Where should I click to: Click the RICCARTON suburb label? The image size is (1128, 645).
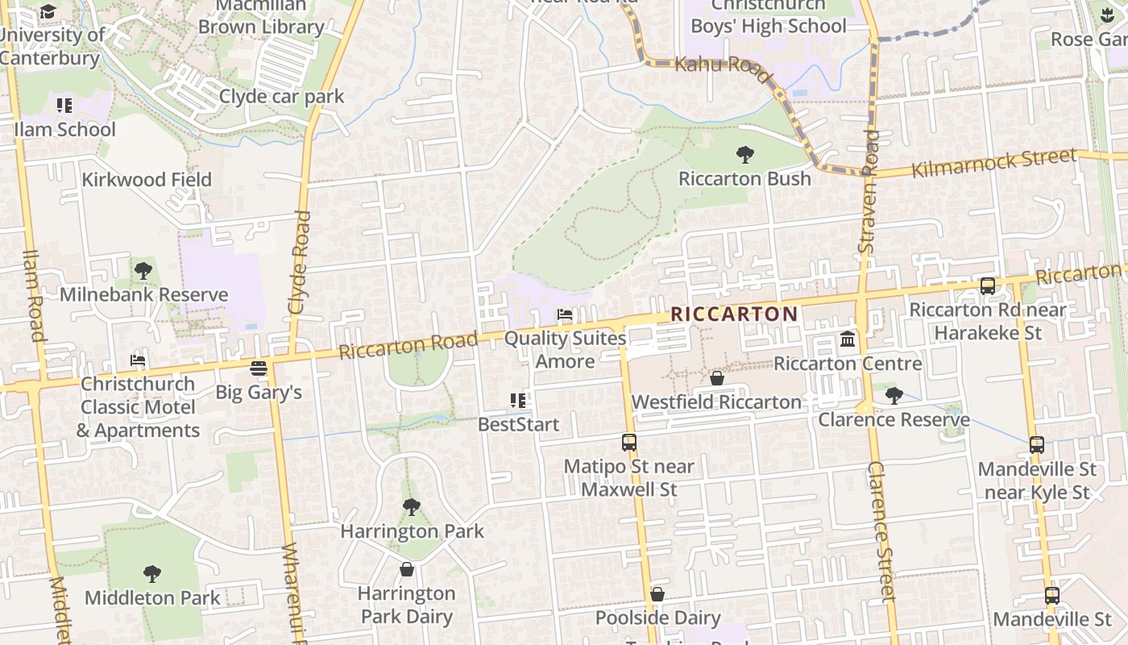pyautogui.click(x=734, y=314)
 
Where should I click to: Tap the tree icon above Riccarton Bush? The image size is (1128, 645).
pyautogui.click(x=745, y=154)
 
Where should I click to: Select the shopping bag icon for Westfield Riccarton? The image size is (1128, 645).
pyautogui.click(x=716, y=377)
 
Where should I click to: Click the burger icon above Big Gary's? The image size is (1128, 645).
pyautogui.click(x=259, y=368)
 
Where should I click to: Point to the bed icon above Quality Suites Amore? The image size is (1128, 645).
pyautogui.click(x=565, y=314)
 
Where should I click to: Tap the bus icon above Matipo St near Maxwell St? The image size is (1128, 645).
pyautogui.click(x=629, y=442)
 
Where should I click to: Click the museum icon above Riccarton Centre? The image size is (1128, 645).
pyautogui.click(x=848, y=339)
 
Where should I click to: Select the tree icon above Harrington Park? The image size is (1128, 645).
pyautogui.click(x=412, y=507)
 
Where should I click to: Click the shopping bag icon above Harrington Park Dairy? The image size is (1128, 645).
pyautogui.click(x=407, y=569)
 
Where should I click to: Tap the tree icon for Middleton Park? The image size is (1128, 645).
pyautogui.click(x=151, y=574)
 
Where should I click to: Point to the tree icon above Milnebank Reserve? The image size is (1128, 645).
pyautogui.click(x=143, y=271)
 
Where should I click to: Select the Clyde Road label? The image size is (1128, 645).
pyautogui.click(x=299, y=262)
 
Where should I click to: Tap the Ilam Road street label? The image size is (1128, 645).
pyautogui.click(x=33, y=294)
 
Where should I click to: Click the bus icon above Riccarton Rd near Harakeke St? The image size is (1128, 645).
pyautogui.click(x=987, y=286)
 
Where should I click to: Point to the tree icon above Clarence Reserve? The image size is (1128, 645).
pyautogui.click(x=894, y=395)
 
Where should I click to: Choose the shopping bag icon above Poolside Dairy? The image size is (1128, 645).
pyautogui.click(x=657, y=594)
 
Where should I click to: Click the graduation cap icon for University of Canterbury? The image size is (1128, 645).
pyautogui.click(x=48, y=11)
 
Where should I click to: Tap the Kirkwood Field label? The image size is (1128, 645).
pyautogui.click(x=147, y=179)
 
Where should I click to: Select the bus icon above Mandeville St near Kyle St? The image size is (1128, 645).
pyautogui.click(x=1037, y=445)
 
